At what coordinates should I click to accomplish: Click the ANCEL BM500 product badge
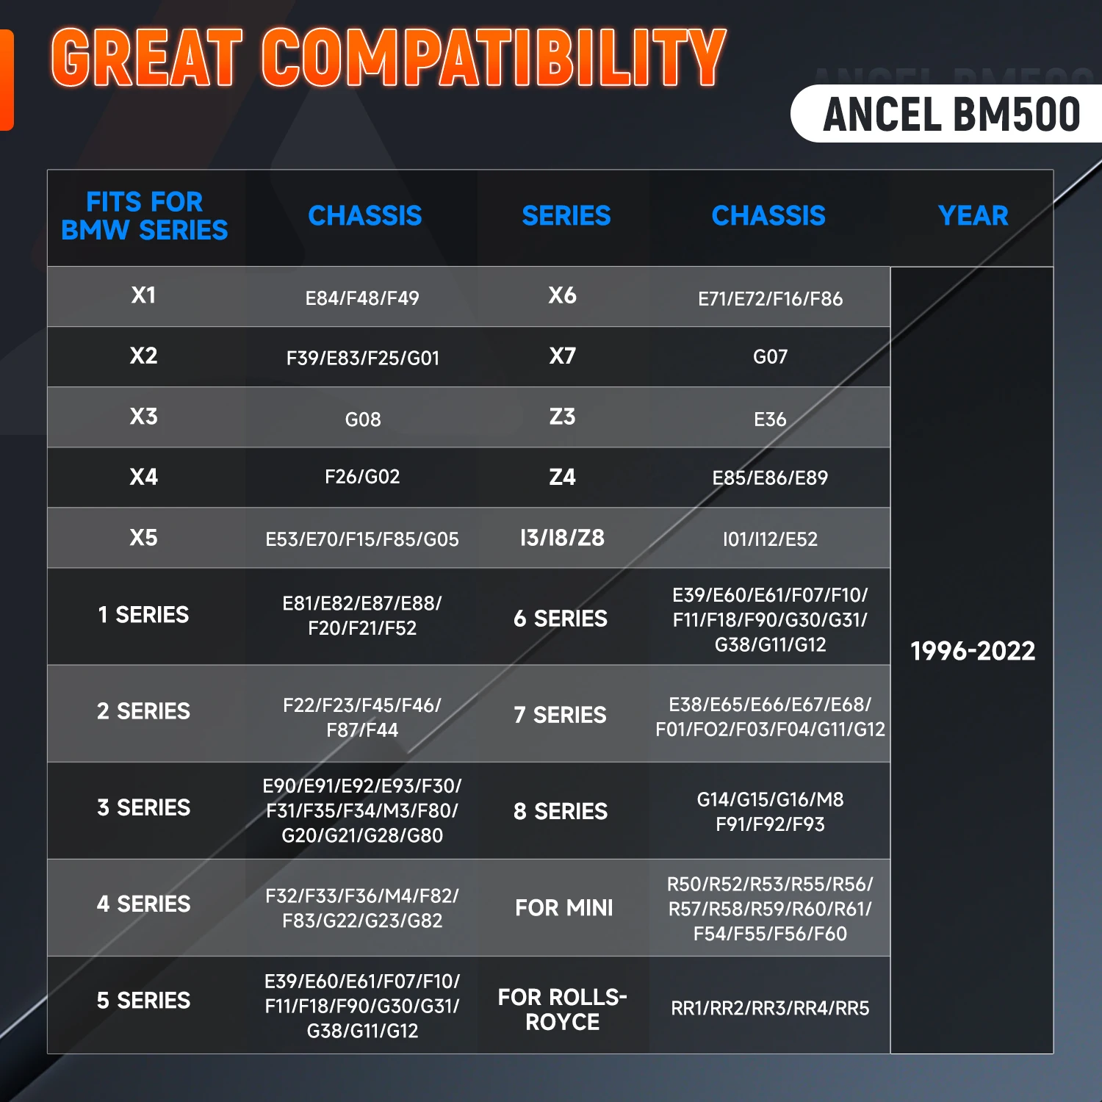point(951,115)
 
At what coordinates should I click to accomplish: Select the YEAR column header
point(973,216)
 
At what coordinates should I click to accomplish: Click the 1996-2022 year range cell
point(973,651)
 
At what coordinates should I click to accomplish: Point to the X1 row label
point(144,295)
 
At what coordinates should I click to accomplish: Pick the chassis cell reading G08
point(363,419)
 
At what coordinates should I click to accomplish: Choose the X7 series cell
point(563,356)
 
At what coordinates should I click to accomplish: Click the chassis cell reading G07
point(770,357)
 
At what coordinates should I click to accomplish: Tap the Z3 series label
point(563,417)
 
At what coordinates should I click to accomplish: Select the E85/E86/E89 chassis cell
point(770,478)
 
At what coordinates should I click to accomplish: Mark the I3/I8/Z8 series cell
point(562,538)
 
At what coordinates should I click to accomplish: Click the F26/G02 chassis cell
point(363,477)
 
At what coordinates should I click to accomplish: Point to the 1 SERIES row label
point(144,615)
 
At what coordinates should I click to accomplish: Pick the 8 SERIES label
point(561,811)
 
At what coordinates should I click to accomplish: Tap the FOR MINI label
point(563,908)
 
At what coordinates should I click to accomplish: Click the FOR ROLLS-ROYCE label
point(563,1009)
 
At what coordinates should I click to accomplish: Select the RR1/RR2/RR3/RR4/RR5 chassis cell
point(770,1008)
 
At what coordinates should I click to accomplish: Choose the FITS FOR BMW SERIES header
point(145,216)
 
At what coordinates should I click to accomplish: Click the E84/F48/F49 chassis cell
point(362,298)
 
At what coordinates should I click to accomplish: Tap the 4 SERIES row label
point(144,904)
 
